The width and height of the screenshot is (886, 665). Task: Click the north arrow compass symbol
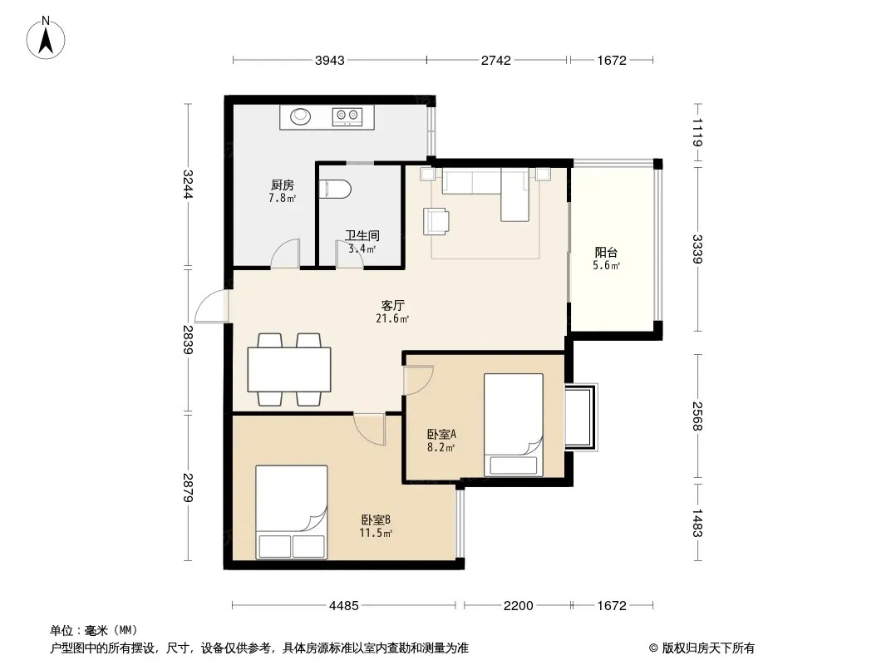(x=46, y=38)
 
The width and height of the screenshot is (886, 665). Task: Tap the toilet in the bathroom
(x=335, y=189)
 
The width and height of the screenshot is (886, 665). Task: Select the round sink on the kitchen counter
(x=301, y=116)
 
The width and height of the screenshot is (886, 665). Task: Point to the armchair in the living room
(x=436, y=221)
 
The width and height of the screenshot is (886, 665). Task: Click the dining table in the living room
(x=288, y=370)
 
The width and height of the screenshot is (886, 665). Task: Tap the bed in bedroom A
(x=514, y=424)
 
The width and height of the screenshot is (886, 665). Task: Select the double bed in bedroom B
(x=292, y=512)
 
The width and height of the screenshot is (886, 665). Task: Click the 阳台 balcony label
(x=606, y=253)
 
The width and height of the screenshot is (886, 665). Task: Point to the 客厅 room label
(x=392, y=306)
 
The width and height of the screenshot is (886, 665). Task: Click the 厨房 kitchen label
(x=282, y=185)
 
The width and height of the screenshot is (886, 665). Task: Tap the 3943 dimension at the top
(x=329, y=60)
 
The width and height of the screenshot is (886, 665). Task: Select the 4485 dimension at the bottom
(x=343, y=606)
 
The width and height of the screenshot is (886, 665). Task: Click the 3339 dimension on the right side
(x=697, y=249)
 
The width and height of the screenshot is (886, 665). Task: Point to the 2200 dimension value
(x=518, y=606)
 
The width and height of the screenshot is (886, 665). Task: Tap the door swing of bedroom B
(x=370, y=429)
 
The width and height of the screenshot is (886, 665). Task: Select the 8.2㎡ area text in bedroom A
(x=441, y=448)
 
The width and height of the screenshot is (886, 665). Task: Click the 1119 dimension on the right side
(x=697, y=132)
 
